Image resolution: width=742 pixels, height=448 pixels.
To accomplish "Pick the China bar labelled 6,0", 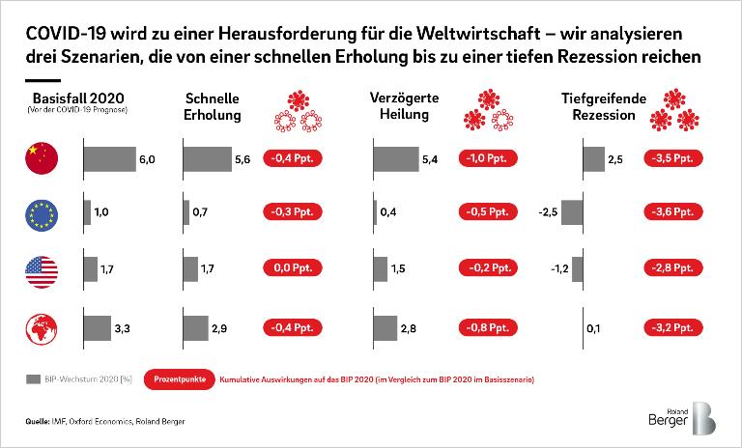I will [109, 158].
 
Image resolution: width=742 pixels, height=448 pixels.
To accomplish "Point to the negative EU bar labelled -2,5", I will [572, 212].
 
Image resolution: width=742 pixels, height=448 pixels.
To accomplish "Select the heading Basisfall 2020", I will [72, 99].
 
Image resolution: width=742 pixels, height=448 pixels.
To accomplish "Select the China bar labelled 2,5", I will [591, 158].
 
